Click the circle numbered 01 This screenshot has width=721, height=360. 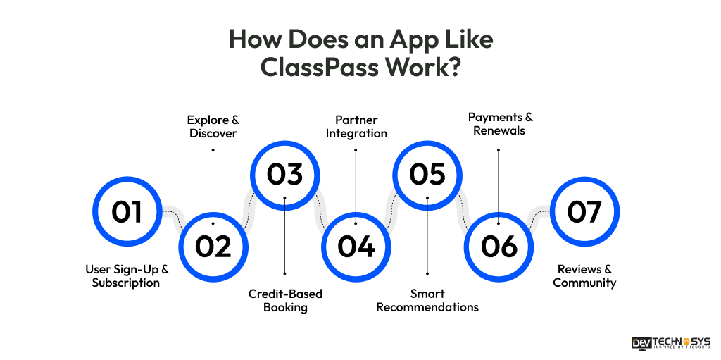[127, 211]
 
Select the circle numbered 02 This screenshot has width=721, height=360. [213, 247]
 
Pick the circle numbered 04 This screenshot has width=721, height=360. [356, 247]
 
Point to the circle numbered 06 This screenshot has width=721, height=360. [499, 247]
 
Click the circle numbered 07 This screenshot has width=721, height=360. [584, 211]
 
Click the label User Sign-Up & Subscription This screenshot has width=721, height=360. [127, 275]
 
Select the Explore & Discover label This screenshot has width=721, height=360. [213, 127]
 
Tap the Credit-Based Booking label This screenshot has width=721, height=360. [285, 300]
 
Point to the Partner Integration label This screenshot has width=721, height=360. [356, 127]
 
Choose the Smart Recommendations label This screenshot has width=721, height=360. [427, 300]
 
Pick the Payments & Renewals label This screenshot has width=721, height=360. [499, 123]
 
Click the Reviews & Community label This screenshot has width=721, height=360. [584, 275]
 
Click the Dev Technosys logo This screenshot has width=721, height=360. [671, 343]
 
